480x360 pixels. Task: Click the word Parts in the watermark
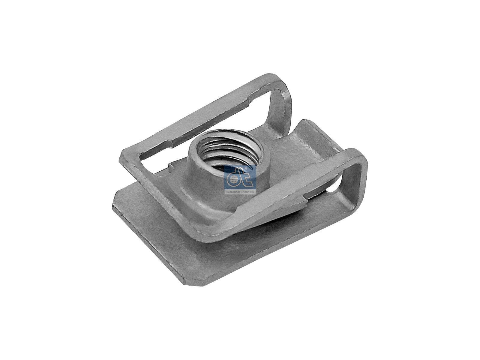[248, 192]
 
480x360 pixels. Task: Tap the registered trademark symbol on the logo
[246, 169]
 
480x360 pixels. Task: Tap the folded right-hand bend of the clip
[357, 174]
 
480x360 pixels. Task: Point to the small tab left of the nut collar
[170, 165]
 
